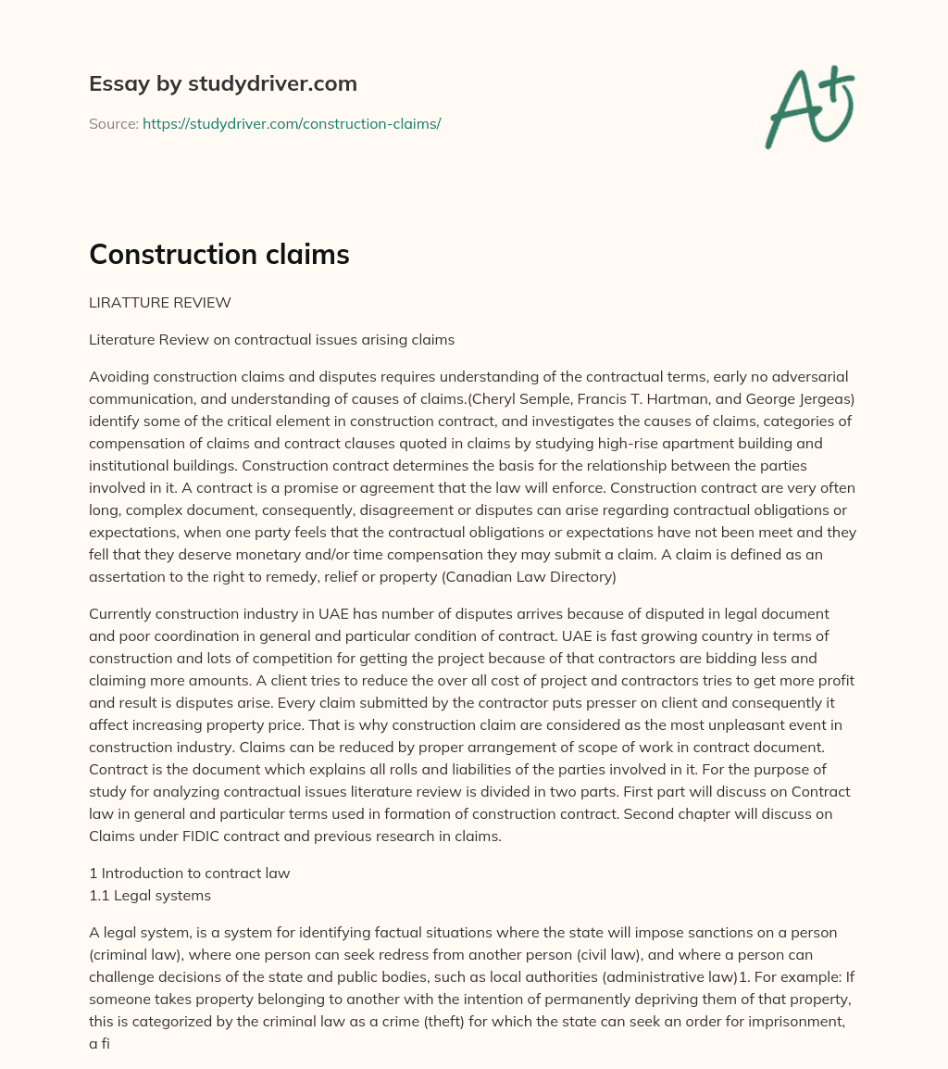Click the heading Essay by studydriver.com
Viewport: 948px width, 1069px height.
pos(222,83)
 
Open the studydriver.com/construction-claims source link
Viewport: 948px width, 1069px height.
pos(291,123)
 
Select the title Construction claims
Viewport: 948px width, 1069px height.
pos(218,255)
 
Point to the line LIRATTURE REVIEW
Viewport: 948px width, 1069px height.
pos(159,302)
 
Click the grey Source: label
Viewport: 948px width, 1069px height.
pos(114,123)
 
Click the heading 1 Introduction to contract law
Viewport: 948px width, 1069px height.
pos(189,873)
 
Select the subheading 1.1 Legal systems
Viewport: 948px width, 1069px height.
pos(150,895)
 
